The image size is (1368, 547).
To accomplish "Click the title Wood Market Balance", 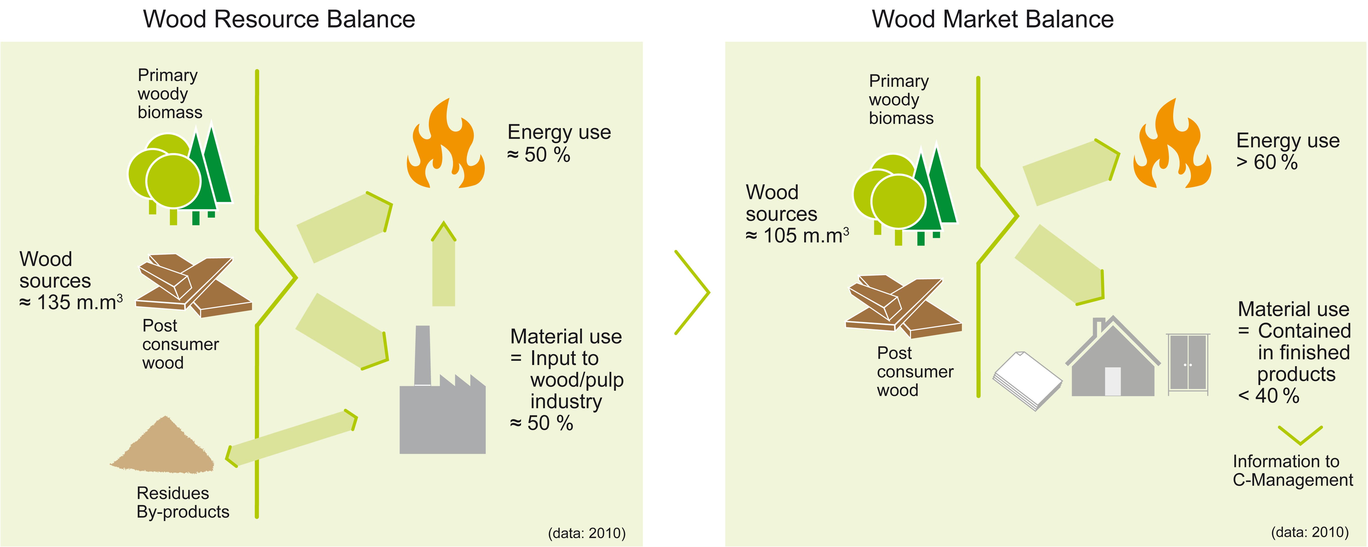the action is coord(993,19).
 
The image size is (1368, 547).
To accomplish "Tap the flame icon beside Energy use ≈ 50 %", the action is coord(446,143).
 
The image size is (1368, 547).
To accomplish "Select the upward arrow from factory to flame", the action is coord(443,264).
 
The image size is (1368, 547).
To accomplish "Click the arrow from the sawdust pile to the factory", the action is coord(291,438).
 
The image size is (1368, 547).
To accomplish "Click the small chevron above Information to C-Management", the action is coord(1300,434).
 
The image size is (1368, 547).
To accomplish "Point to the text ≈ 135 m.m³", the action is coord(71,302).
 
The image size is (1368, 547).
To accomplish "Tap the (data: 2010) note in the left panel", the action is coord(587,533).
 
